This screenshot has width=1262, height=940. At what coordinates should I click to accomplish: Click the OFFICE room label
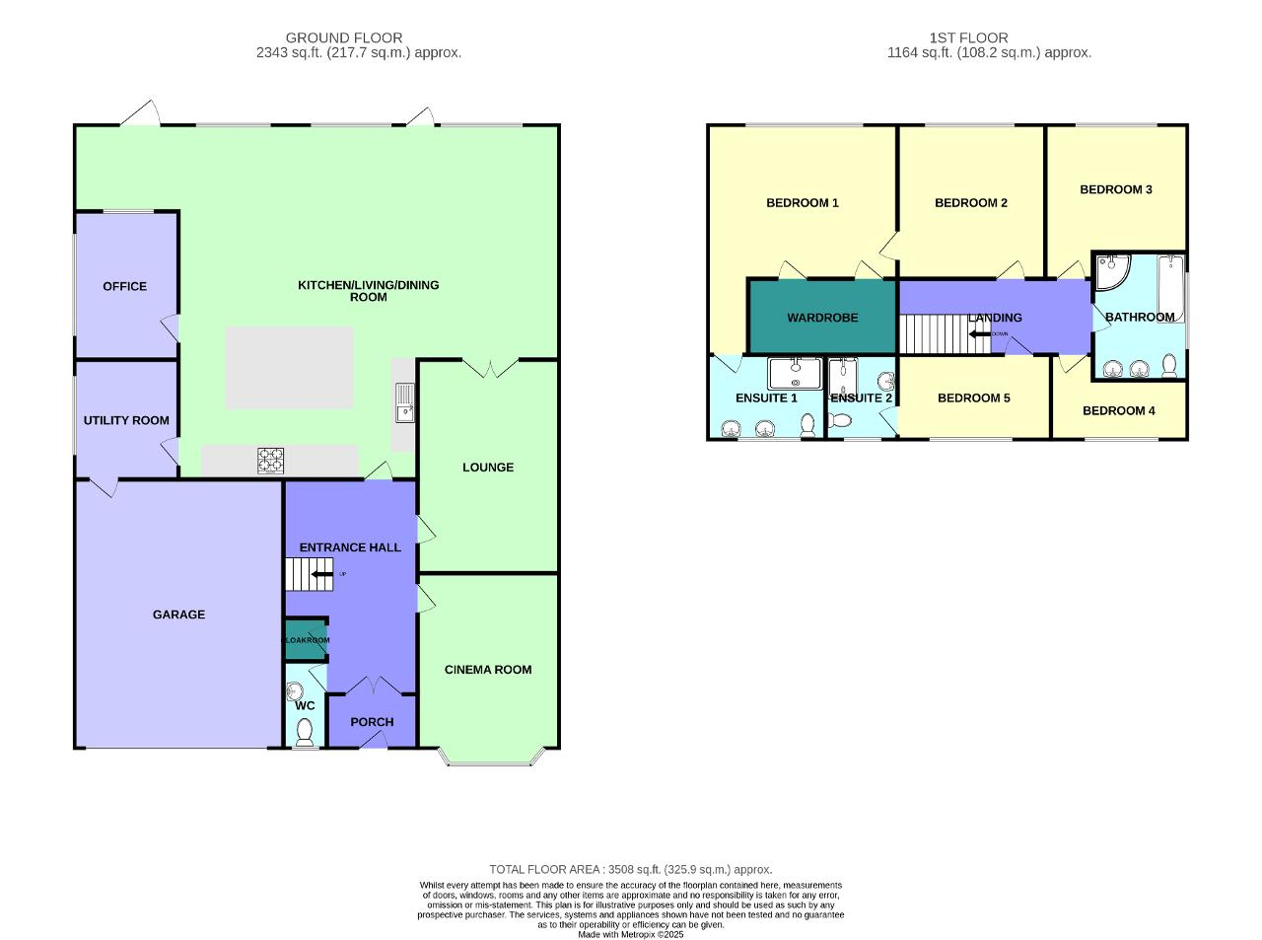click(124, 286)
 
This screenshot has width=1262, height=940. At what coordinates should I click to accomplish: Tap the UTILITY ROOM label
click(126, 420)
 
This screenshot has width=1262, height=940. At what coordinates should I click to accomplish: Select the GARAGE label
click(178, 615)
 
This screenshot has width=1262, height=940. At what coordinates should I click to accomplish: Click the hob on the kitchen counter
click(271, 460)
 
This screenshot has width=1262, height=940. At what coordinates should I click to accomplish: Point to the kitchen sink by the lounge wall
click(404, 401)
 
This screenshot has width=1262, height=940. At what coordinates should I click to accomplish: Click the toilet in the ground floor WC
click(305, 731)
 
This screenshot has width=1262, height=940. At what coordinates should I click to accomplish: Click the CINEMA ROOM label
click(488, 670)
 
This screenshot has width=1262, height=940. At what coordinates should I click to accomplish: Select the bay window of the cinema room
click(490, 759)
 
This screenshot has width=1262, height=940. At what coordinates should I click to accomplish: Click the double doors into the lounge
click(489, 369)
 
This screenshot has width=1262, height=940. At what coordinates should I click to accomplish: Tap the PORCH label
click(372, 722)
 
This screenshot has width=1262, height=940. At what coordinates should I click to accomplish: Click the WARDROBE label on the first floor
click(822, 318)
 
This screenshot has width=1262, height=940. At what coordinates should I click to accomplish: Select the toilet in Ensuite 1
click(808, 424)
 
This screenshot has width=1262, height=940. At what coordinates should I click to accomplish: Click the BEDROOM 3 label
click(1116, 189)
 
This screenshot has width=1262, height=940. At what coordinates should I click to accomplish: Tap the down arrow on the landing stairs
click(980, 333)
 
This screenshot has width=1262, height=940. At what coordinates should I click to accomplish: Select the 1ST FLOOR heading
click(968, 38)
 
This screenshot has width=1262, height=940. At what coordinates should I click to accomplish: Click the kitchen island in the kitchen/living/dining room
click(290, 368)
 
